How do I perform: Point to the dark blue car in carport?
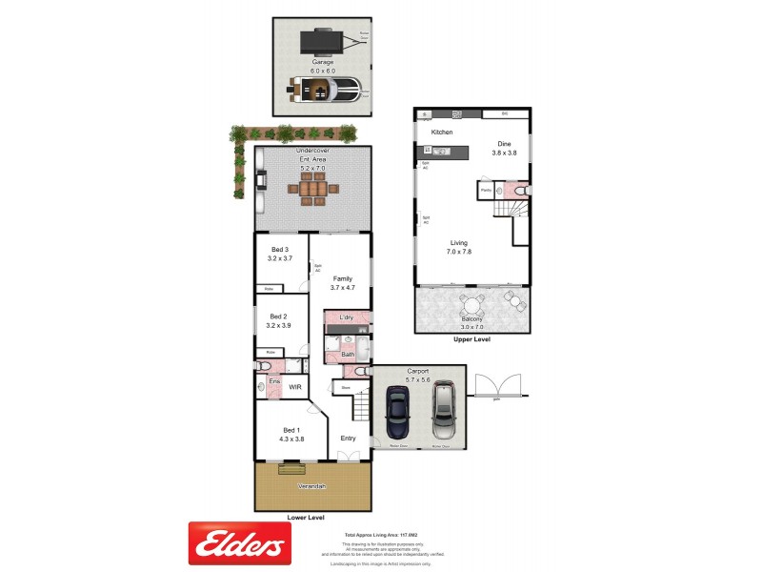397,416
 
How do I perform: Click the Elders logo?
239,544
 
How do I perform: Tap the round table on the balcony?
471,306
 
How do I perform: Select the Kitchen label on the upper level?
442,133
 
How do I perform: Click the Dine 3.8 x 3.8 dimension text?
504,153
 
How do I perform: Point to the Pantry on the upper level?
486,191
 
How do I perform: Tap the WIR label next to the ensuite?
295,387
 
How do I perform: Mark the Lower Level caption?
306,518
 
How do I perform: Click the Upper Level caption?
473,338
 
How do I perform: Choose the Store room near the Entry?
346,388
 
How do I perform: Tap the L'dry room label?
347,316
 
